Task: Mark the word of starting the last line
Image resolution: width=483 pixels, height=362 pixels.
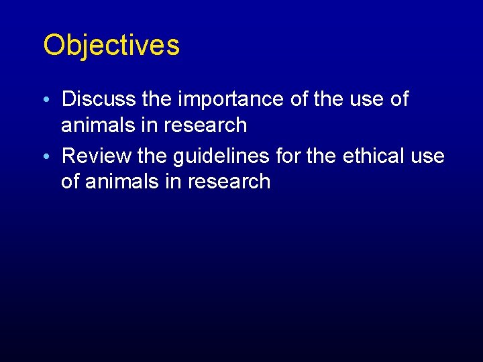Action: point(70,182)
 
